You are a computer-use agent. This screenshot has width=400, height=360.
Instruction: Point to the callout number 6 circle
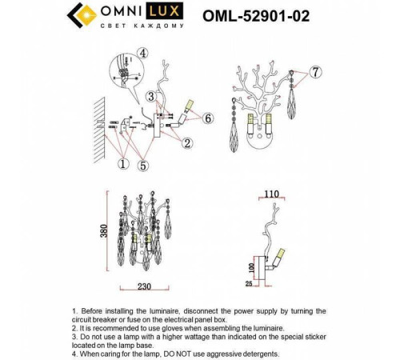(x=208, y=118)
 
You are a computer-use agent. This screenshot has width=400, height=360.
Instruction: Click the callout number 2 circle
(x=186, y=143)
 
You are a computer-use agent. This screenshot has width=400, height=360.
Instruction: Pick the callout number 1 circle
(x=122, y=164)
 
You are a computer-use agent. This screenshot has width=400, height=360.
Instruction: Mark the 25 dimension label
(x=249, y=282)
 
